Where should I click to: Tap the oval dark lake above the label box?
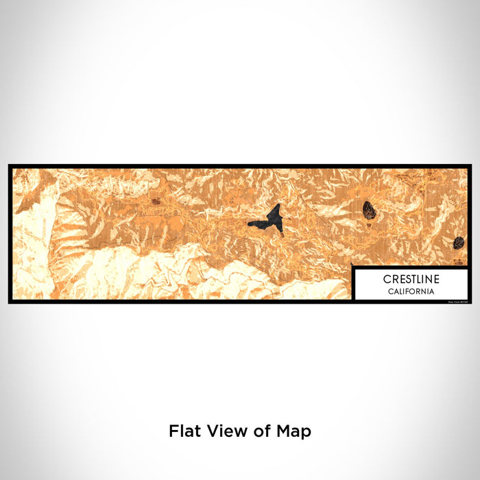[x=370, y=209]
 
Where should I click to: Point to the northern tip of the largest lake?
[x=278, y=206]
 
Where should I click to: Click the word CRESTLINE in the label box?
[x=411, y=280]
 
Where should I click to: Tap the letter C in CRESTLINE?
[x=387, y=280]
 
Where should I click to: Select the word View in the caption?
[x=226, y=431]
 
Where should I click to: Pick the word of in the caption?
[x=261, y=431]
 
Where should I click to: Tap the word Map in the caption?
[x=294, y=431]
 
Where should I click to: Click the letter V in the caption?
[x=211, y=431]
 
